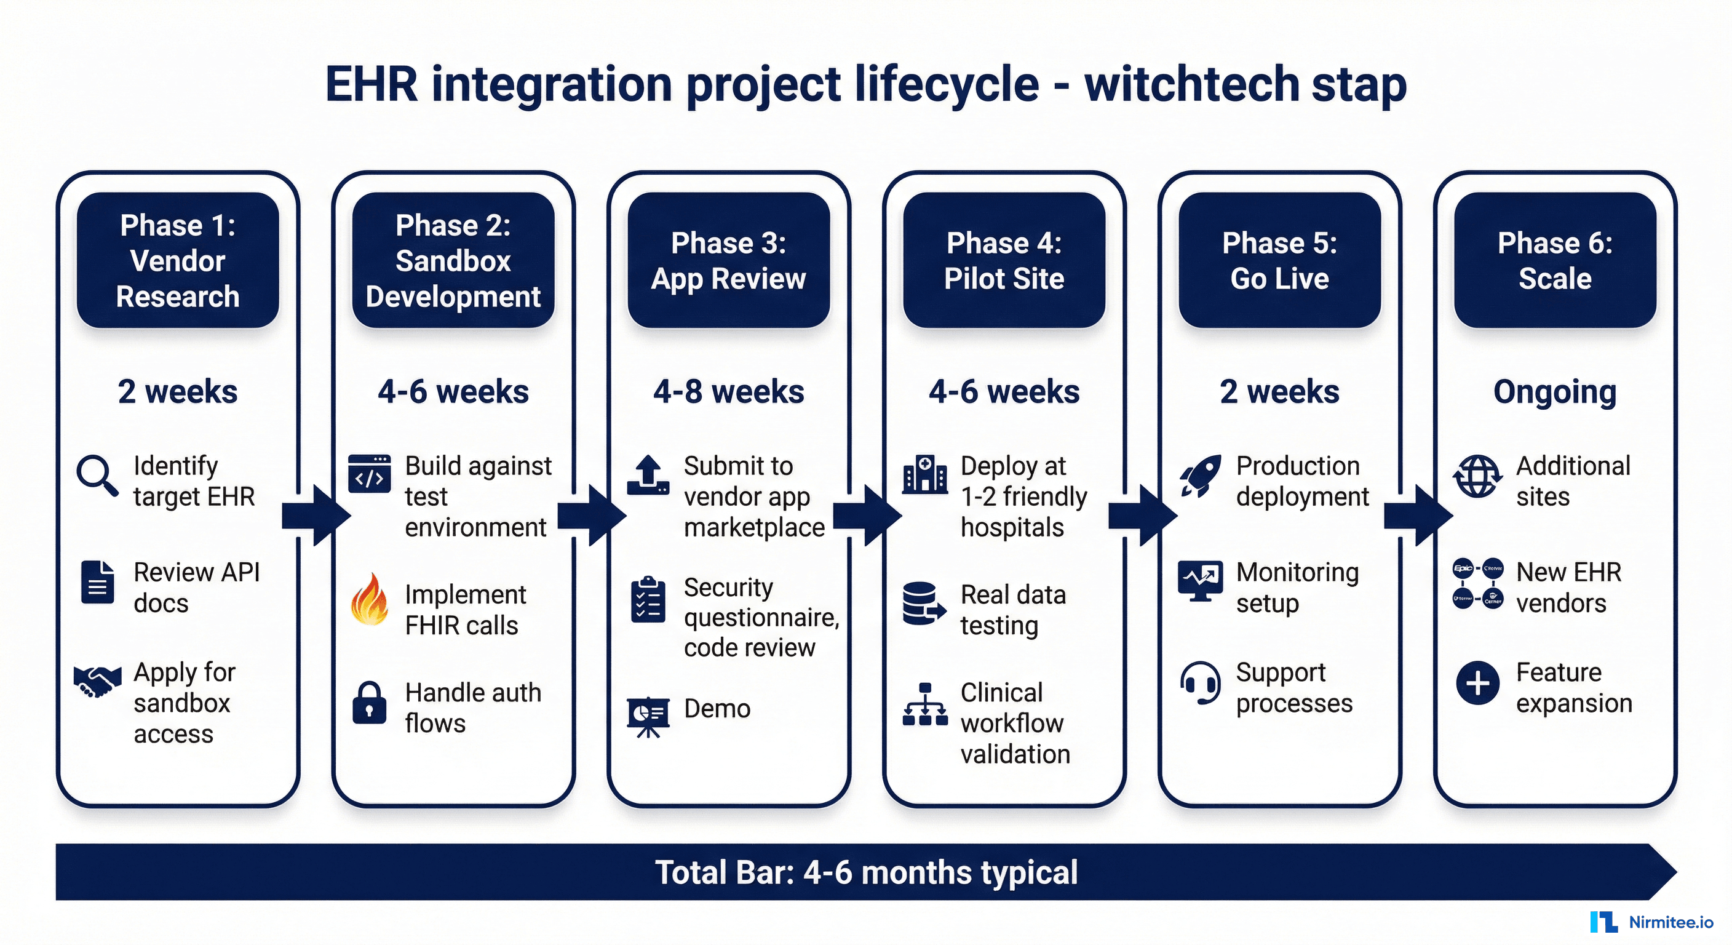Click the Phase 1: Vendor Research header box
click(x=178, y=260)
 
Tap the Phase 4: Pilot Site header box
click(x=1004, y=260)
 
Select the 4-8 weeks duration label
click(x=728, y=391)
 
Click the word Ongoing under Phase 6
click(x=1554, y=392)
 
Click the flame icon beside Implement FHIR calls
click(x=370, y=600)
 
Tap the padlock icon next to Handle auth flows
click(x=370, y=703)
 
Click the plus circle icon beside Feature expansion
click(x=1477, y=684)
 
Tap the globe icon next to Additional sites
click(x=1477, y=476)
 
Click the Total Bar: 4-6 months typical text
click(x=866, y=872)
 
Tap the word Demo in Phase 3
click(x=717, y=709)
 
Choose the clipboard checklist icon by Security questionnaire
click(x=648, y=600)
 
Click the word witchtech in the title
click(x=1191, y=85)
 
